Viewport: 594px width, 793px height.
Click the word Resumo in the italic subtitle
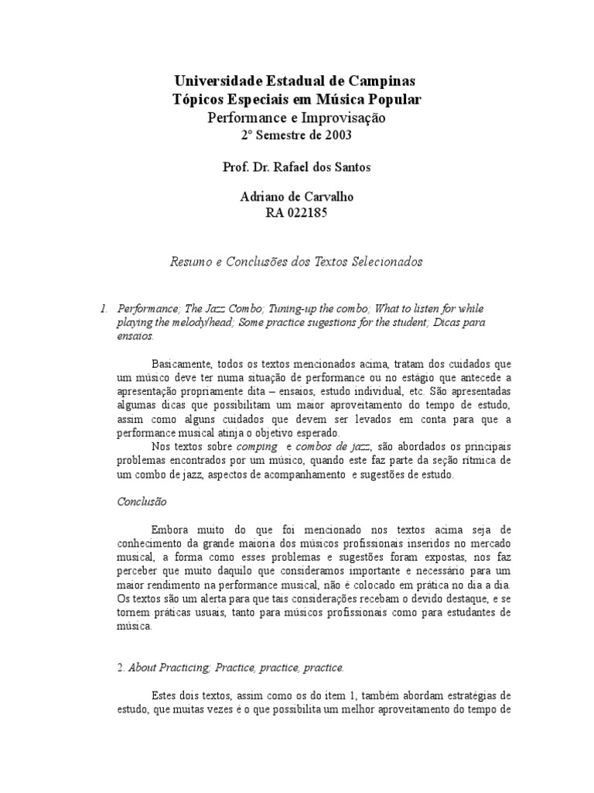tap(189, 262)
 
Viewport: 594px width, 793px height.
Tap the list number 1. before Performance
tap(105, 308)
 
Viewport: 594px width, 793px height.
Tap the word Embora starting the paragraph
tap(172, 530)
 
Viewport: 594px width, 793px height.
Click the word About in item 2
tap(144, 668)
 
